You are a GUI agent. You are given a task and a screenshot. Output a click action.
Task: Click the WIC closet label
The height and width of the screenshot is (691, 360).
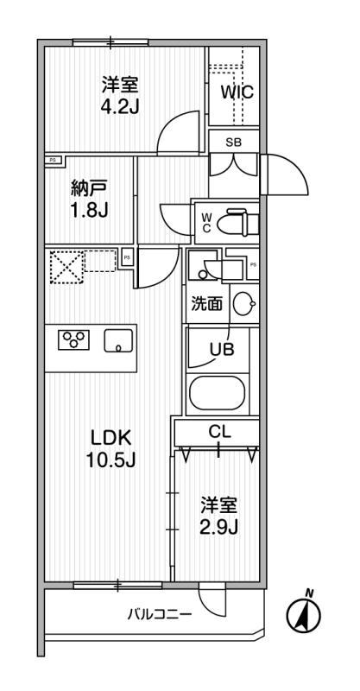point(237,92)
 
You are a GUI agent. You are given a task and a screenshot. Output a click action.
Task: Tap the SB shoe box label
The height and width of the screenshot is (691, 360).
point(234,142)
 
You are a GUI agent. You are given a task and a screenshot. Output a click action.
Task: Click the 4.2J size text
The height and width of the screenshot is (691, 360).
point(120,107)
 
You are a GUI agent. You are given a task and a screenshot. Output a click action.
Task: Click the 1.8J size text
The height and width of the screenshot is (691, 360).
point(90,211)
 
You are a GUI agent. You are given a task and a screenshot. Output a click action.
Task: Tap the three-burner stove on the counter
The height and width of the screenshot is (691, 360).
point(73,339)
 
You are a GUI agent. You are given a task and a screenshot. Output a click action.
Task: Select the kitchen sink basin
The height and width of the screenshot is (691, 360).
point(118,340)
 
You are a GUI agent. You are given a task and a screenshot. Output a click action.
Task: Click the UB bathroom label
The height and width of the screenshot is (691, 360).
point(222,350)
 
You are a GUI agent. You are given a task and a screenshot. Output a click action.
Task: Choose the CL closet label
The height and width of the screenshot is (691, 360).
point(220,433)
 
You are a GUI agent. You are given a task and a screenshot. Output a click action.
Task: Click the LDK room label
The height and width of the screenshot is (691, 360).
point(111,438)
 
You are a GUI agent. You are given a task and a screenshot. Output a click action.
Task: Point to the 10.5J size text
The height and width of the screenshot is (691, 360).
point(111,460)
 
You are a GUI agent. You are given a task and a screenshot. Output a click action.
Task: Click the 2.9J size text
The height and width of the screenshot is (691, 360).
point(219,527)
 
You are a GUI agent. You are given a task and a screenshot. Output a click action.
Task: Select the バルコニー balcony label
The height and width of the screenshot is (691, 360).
point(160,614)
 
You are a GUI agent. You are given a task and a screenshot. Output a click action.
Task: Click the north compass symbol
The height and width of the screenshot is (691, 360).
point(304,612)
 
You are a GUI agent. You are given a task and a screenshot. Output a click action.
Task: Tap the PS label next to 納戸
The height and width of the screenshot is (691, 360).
point(53,161)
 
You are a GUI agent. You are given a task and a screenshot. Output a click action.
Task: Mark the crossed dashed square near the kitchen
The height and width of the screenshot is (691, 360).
point(66,267)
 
